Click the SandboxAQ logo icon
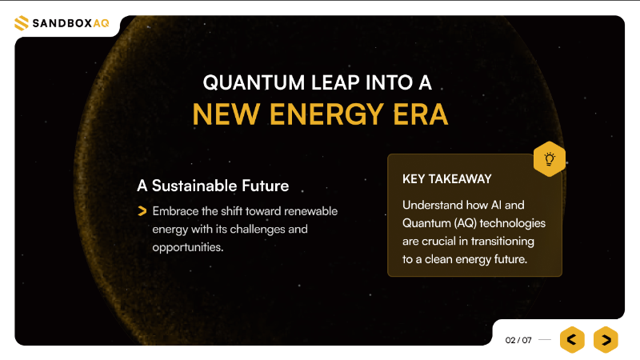tap(21, 24)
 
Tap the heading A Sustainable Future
tap(213, 186)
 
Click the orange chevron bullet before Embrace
tap(142, 211)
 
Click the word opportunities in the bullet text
tap(187, 246)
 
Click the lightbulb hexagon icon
tap(550, 158)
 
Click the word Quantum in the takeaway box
tap(426, 222)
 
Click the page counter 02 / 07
tap(518, 340)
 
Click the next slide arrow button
tap(606, 340)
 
